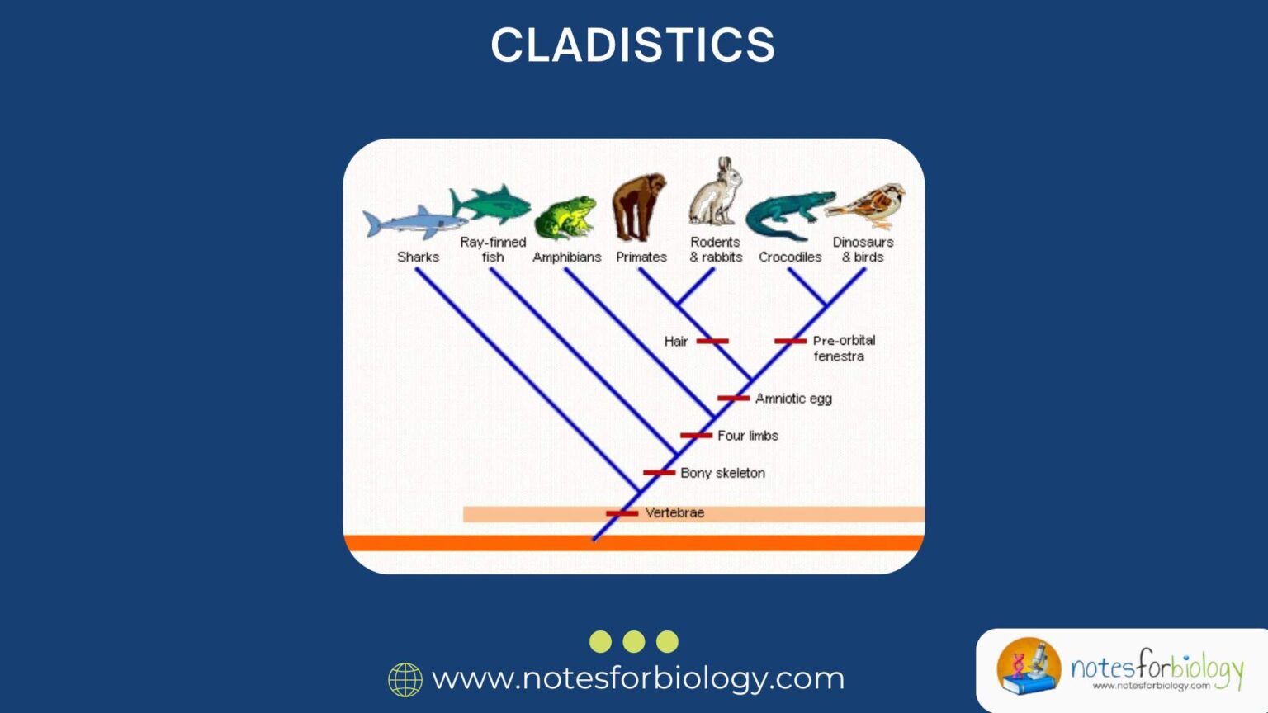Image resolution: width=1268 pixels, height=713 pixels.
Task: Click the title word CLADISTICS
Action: tap(633, 45)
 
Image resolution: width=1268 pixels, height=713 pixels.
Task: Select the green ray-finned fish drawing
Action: tap(492, 203)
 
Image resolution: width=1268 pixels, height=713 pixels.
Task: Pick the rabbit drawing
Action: tap(715, 193)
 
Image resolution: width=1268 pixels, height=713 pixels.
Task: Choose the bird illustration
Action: tap(868, 205)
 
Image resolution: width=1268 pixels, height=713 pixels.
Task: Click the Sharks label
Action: tap(418, 257)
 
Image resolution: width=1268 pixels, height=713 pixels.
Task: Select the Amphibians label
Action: tap(566, 257)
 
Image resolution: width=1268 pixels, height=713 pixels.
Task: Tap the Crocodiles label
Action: tap(790, 257)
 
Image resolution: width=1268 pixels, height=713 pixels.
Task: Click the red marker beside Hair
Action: tap(712, 341)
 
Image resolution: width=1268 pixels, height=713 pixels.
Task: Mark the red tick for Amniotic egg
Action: tap(733, 399)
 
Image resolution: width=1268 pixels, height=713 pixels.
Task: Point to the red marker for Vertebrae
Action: tap(622, 513)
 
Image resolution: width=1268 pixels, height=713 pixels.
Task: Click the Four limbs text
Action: tap(747, 436)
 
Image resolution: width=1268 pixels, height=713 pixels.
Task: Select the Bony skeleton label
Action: tap(722, 473)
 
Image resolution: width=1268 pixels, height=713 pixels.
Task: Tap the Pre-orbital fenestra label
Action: tap(843, 348)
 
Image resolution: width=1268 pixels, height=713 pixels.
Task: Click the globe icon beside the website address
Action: tap(405, 679)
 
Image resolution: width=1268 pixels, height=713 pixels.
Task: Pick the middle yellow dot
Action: tap(634, 641)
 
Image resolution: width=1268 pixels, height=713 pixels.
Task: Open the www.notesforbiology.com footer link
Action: tap(638, 678)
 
